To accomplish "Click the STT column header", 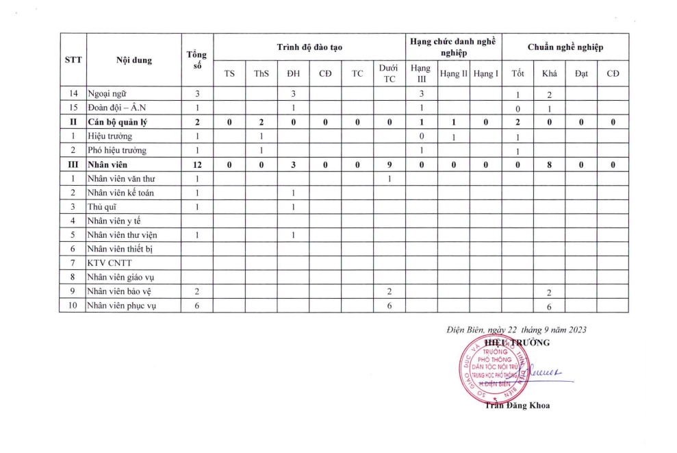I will tap(73, 60).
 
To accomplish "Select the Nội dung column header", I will tap(134, 60).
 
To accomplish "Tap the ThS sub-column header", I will tap(261, 73).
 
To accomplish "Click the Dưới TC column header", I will tap(389, 73).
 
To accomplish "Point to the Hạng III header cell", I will tap(422, 73).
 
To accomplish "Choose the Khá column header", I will tap(549, 73).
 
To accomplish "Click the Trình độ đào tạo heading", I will tap(309, 47).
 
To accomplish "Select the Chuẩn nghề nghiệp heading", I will tap(565, 47).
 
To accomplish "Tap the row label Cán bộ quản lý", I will tap(118, 122).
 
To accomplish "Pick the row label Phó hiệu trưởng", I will tap(117, 150).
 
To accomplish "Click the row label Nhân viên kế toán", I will tap(120, 193).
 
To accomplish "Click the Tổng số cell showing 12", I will tap(197, 164).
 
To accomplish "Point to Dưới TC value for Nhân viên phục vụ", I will tap(389, 306).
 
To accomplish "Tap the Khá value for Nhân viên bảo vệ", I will tap(549, 292).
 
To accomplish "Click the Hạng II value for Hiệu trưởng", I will tap(453, 136).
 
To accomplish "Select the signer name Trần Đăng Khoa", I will tap(517, 405).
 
